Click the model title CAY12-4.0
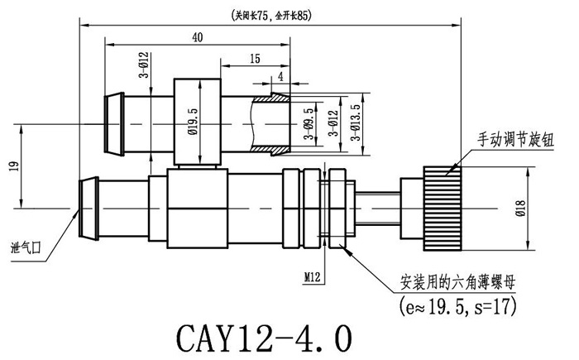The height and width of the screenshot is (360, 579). coord(264,338)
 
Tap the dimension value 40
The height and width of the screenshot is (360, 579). coord(197,37)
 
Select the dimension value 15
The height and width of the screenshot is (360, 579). coord(254,59)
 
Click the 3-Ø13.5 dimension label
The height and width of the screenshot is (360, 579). coord(356,122)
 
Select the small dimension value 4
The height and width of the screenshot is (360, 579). coord(281,75)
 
